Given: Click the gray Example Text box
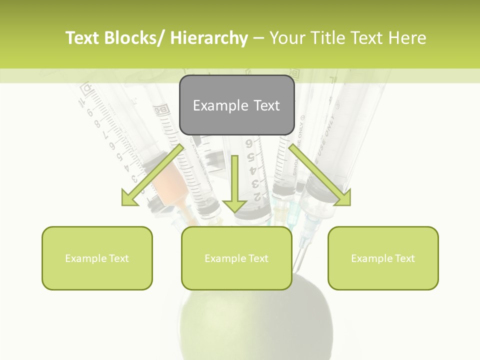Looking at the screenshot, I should click(236, 105).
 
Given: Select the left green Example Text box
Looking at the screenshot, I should click(97, 258).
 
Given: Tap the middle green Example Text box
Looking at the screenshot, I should click(236, 258).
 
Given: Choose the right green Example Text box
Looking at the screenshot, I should click(383, 258).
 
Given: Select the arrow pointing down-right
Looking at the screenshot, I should click(320, 175).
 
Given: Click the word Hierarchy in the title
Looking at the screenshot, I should click(209, 38).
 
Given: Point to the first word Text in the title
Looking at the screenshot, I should click(83, 38).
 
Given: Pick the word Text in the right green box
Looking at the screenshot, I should click(404, 258).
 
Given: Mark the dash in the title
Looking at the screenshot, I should click(258, 38).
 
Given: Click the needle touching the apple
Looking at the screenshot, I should click(298, 257).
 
